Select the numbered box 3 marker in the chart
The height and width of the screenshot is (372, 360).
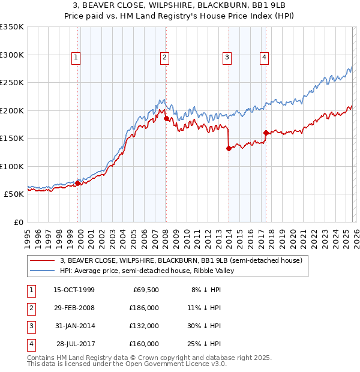(227, 58)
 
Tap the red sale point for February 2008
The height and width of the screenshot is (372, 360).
(166, 119)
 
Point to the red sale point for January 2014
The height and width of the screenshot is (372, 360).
(229, 149)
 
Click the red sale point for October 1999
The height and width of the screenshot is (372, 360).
(77, 184)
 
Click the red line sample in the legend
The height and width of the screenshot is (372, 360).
(43, 260)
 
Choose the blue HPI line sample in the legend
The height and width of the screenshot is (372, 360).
(43, 271)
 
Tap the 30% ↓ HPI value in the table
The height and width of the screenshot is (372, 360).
(205, 326)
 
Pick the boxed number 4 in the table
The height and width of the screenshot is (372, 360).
(30, 344)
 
